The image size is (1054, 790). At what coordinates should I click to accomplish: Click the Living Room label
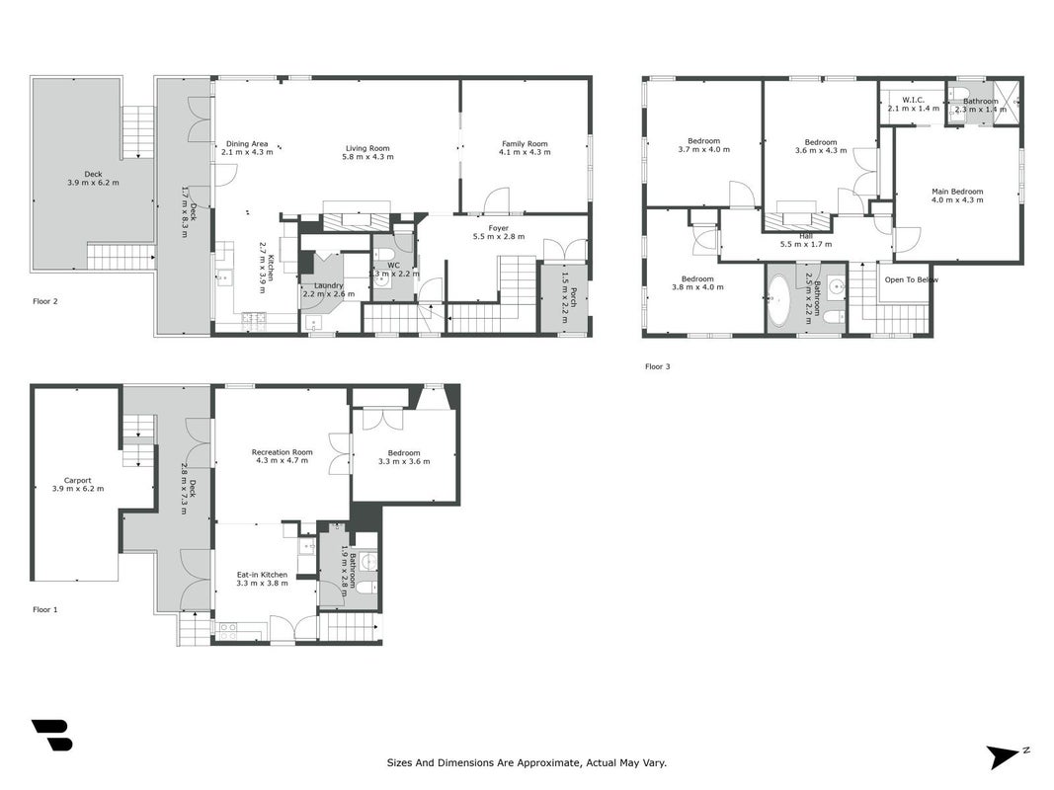click(367, 148)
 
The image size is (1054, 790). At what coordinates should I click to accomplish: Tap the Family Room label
click(525, 144)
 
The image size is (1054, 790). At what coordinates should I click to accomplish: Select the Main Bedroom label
click(957, 192)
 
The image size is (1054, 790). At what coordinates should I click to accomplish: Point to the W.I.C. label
click(914, 100)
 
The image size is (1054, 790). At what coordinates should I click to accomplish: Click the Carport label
click(78, 480)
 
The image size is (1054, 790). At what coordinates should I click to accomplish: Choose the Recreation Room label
click(283, 452)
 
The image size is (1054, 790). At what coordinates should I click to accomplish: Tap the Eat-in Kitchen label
click(262, 575)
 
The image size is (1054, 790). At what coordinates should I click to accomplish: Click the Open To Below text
click(912, 279)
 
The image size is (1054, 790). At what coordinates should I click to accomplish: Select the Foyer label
click(499, 228)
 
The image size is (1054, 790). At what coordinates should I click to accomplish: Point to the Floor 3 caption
click(658, 366)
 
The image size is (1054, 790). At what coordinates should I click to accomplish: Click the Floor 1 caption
click(45, 609)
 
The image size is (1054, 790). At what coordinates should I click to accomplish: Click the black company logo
click(51, 735)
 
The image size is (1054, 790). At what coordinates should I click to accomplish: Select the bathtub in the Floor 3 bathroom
click(779, 300)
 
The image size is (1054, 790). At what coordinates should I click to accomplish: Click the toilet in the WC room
click(384, 255)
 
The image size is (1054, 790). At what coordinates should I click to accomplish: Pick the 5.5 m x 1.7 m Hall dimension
click(806, 244)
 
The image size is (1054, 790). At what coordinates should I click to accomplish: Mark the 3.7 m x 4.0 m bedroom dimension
click(703, 149)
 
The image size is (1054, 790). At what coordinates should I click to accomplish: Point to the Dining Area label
click(247, 144)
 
